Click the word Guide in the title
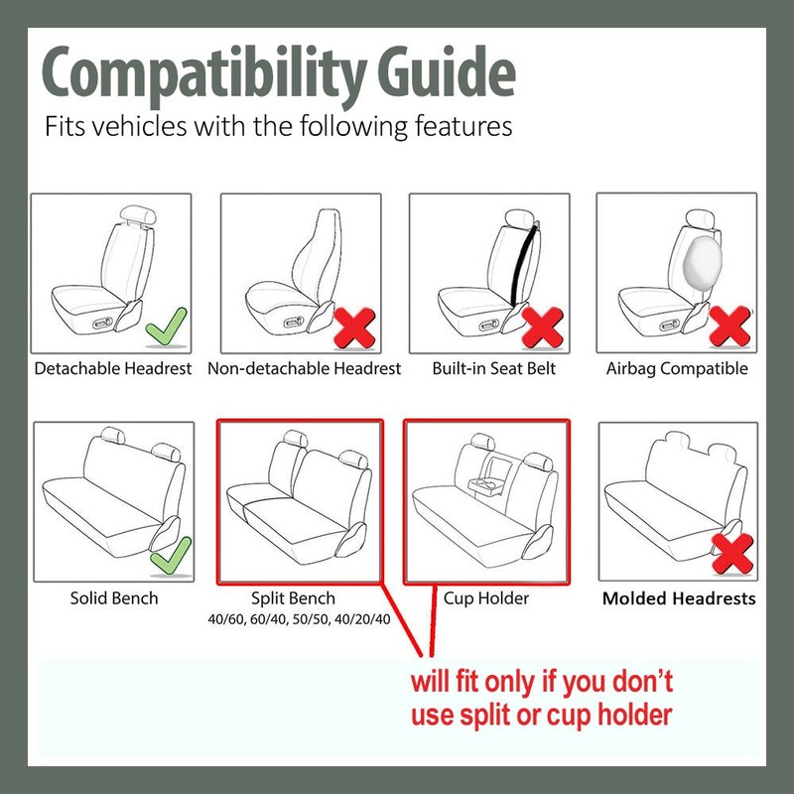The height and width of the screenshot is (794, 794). pos(443,75)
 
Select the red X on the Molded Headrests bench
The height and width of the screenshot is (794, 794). pos(732,554)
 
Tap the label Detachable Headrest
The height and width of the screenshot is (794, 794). pos(113,368)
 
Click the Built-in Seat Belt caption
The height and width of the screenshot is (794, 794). pos(494,368)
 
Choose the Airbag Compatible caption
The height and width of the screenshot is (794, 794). pos(677,368)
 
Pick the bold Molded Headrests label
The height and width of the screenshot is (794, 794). pos(679,598)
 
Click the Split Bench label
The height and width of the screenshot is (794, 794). pos(294,598)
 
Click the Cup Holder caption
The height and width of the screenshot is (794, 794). pos(485,598)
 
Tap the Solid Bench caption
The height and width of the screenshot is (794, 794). pos(114,598)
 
